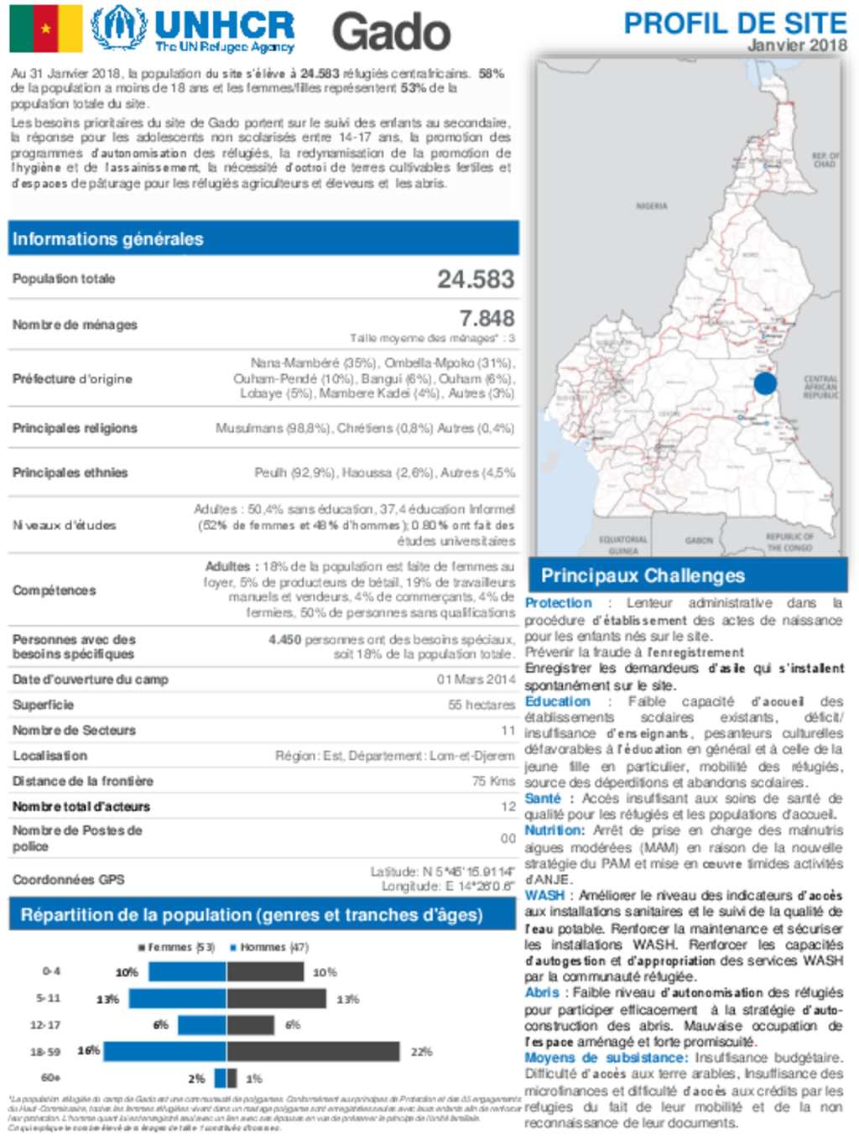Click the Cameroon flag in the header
46,29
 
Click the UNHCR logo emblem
119,28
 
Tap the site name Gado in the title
391,32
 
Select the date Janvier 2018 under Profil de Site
797,45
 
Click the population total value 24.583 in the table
476,279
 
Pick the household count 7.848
487,319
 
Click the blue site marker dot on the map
765,384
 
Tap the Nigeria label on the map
652,206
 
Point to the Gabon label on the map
699,541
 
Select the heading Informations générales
108,239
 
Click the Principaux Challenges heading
643,576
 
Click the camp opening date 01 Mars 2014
476,679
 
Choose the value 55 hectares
482,705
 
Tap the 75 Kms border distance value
493,781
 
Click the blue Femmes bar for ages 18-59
164,1051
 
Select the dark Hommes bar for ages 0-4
265,972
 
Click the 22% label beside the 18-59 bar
421,1052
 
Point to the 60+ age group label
51,1078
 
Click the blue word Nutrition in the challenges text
554,830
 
